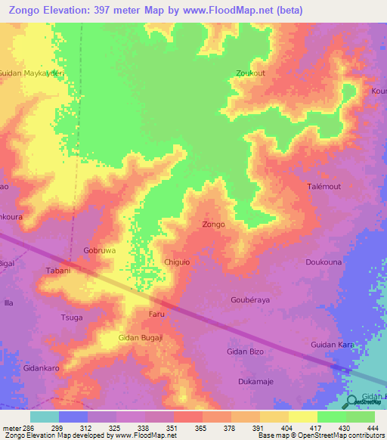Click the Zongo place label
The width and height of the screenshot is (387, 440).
tap(213, 225)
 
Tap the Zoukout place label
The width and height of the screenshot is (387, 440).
tap(250, 73)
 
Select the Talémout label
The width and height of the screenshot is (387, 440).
tap(326, 186)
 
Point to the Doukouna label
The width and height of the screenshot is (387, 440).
tap(322, 262)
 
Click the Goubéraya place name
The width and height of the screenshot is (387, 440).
tap(250, 299)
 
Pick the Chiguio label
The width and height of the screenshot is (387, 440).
tap(178, 262)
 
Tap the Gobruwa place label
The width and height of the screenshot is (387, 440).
tap(98, 249)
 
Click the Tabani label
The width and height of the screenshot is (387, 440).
tap(58, 271)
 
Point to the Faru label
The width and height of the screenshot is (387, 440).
tap(156, 313)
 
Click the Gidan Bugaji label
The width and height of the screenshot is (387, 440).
tap(140, 337)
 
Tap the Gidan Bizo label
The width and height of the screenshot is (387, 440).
tap(246, 352)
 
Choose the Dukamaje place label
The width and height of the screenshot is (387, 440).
tap(255, 381)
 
